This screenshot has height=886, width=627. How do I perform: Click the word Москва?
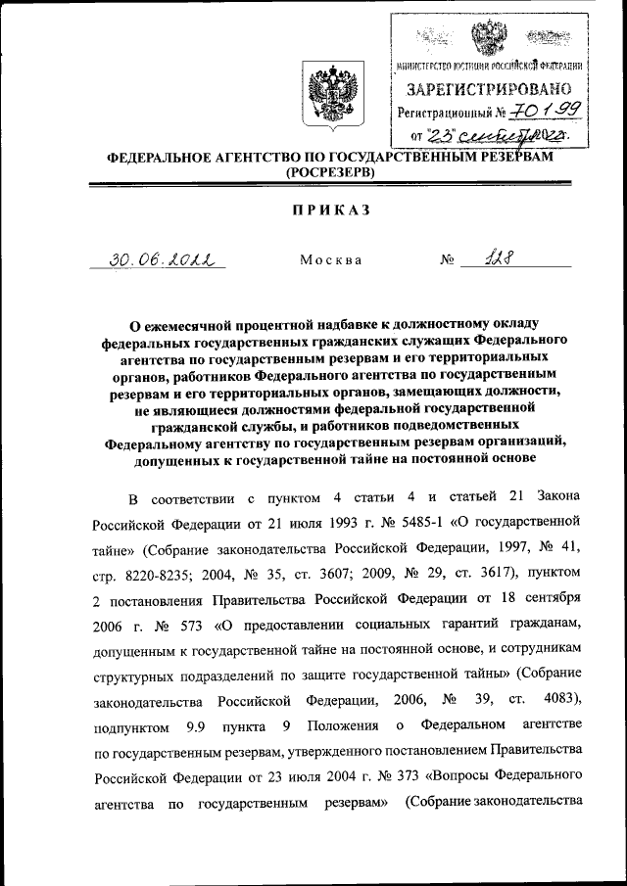pyautogui.click(x=330, y=260)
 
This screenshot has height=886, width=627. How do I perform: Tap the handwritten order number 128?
pyautogui.click(x=508, y=258)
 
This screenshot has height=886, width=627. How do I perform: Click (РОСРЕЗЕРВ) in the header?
pyautogui.click(x=330, y=172)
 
